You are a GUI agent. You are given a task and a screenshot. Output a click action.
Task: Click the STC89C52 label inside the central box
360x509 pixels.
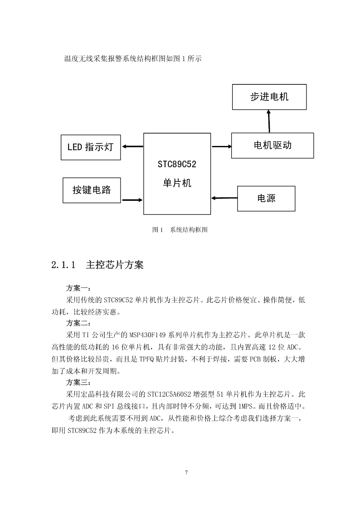177,164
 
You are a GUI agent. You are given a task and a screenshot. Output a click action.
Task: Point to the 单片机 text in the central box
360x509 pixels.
177,183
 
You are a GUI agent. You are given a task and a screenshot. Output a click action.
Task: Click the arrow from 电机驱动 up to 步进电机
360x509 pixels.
269,121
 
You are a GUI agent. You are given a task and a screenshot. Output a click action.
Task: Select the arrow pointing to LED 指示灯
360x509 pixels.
132,146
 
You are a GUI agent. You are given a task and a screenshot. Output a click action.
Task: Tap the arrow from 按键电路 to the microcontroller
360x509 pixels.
132,200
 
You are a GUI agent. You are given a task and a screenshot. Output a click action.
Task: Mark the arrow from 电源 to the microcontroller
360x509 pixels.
224,198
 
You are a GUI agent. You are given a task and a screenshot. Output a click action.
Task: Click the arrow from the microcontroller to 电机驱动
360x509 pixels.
222,146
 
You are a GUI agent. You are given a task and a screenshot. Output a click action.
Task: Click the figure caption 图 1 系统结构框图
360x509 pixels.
180,230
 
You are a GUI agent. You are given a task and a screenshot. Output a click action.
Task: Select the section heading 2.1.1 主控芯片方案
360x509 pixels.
97,265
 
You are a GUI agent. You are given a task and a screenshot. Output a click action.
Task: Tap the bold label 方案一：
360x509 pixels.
78,288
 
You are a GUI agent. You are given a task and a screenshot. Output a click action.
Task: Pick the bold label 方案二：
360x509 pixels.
78,323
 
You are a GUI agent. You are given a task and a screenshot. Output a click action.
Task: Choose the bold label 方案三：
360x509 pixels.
78,383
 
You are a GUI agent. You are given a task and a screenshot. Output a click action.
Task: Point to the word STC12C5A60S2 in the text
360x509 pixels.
169,394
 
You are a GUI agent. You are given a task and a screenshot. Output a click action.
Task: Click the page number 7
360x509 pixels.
186,473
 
